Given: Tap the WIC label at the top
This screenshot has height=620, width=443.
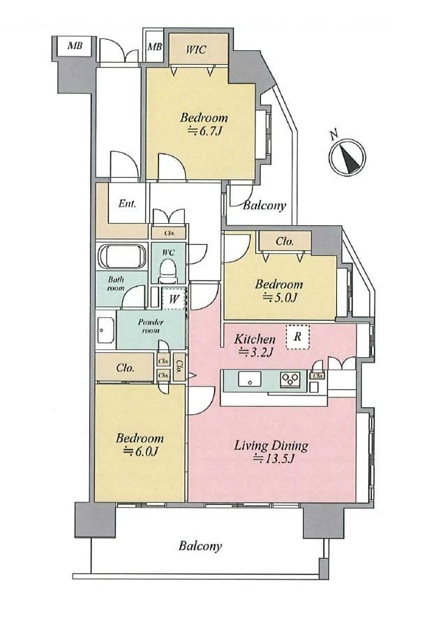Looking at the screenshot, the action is [196, 50].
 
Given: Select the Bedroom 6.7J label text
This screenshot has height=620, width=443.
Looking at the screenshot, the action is [204, 124].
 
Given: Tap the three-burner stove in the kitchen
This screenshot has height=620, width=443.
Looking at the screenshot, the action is [291, 379].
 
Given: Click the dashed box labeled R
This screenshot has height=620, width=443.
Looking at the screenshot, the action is [297, 337].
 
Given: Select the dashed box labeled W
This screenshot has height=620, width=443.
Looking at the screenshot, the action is [173, 298].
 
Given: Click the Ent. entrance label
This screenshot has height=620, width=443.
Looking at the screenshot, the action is [127, 204].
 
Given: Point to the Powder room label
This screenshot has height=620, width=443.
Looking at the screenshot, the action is [151, 326].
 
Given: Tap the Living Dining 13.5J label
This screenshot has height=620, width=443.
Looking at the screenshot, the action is [271, 451].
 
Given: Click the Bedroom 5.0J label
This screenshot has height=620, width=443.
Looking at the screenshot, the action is [279, 291].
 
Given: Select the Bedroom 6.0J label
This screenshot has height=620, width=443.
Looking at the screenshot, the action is [140, 444].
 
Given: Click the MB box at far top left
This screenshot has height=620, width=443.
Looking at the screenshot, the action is [75, 46].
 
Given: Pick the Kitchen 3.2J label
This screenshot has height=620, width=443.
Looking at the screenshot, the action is [255, 345].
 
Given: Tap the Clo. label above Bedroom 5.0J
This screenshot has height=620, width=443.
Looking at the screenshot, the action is [285, 241].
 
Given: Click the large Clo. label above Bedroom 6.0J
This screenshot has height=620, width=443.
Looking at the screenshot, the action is [126, 368].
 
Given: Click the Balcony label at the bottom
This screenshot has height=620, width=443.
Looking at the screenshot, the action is [200, 547].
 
